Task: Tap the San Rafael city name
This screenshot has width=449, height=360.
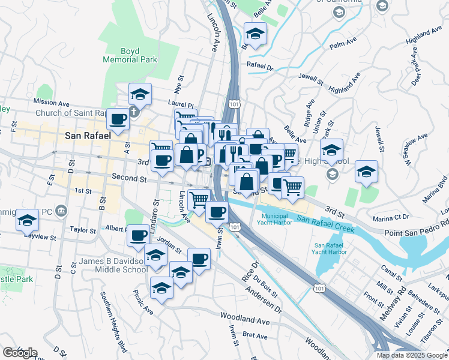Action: click(x=88, y=136)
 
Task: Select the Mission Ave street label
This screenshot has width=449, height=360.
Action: click(x=52, y=102)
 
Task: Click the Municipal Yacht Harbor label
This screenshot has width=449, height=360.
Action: click(x=276, y=219)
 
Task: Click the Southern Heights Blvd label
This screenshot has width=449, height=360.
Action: click(x=114, y=322)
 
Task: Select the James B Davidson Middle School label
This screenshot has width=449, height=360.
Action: click(x=113, y=265)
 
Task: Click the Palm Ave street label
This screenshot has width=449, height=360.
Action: click(x=343, y=44)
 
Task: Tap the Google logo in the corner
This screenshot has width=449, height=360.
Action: click(x=20, y=352)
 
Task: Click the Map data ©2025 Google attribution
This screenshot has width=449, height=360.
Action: click(x=412, y=355)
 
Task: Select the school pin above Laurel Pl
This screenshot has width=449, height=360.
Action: click(x=140, y=94)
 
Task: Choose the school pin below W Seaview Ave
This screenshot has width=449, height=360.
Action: click(x=366, y=172)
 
